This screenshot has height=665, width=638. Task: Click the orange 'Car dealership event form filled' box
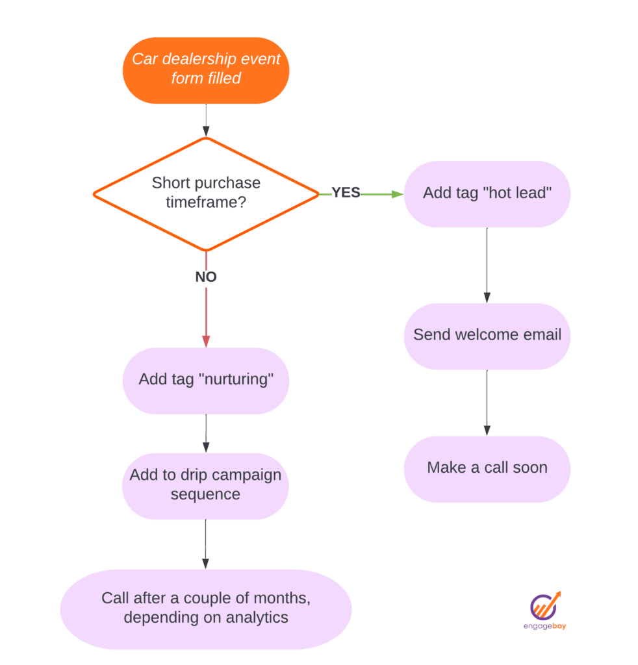coord(206,69)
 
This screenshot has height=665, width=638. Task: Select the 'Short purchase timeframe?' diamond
coord(206,194)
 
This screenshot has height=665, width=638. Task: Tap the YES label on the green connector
coord(346,193)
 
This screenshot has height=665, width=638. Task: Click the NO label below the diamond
coord(206,277)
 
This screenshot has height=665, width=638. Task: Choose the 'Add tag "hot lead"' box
coord(487,194)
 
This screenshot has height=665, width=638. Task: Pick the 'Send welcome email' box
coord(487,336)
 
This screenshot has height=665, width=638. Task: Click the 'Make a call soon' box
coord(487,468)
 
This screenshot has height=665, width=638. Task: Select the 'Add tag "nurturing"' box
coord(206,380)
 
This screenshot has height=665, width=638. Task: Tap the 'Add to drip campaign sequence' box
coord(206,485)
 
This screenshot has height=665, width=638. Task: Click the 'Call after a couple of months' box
coord(206,608)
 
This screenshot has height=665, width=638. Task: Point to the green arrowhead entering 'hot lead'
coord(398,194)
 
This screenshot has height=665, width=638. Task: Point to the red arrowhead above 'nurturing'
coord(206,341)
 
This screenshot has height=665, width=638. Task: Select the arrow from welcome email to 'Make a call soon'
coord(487,403)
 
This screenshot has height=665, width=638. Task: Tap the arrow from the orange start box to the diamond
coord(206,120)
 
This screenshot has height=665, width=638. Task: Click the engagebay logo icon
coord(545,605)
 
